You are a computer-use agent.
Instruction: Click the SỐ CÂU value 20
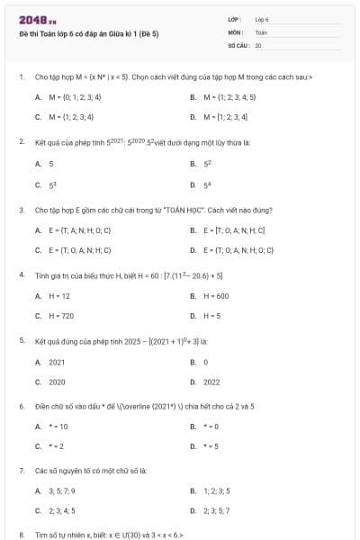258,44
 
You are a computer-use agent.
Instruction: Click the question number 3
21,210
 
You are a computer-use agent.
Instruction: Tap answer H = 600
216,295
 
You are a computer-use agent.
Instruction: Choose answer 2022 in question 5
211,382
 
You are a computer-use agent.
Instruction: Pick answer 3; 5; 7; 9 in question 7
62,490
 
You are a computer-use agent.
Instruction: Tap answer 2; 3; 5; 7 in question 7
216,511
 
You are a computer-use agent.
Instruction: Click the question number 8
21,535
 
